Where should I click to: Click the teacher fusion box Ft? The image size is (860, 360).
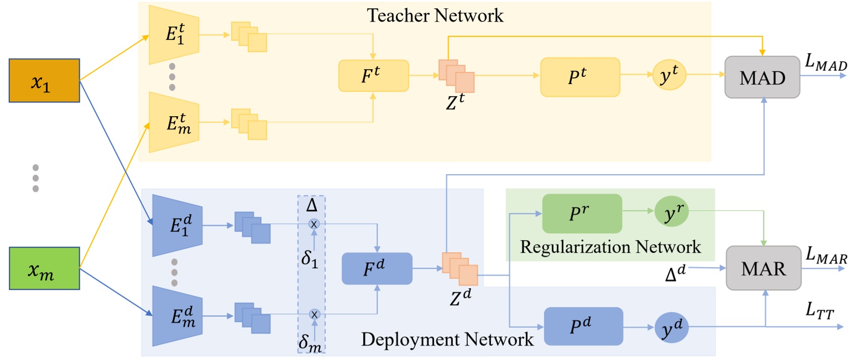tap(373, 76)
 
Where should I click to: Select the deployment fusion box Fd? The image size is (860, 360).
tap(377, 268)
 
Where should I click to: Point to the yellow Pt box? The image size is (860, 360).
tap(580, 75)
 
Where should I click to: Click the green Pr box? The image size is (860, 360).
tap(582, 213)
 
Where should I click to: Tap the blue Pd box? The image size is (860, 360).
tap(583, 326)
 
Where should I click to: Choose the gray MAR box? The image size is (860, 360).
tap(763, 268)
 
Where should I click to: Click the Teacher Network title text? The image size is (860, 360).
tap(435, 15)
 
